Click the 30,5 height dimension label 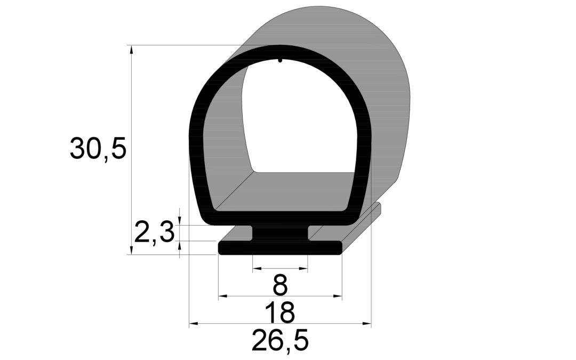click(x=98, y=148)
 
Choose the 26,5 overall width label click(x=280, y=340)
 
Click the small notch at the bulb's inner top click(x=281, y=60)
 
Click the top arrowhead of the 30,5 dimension click(x=131, y=50)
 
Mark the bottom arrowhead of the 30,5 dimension click(x=131, y=250)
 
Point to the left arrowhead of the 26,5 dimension click(x=194, y=324)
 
